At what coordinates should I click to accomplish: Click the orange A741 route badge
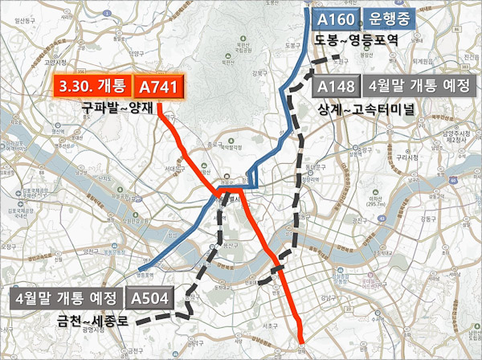click(x=157, y=88)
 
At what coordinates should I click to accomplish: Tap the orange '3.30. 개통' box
click(x=89, y=88)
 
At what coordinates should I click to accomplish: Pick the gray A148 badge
click(x=334, y=87)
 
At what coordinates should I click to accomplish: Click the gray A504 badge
click(x=150, y=299)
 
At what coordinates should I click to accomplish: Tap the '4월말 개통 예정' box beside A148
click(x=418, y=87)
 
